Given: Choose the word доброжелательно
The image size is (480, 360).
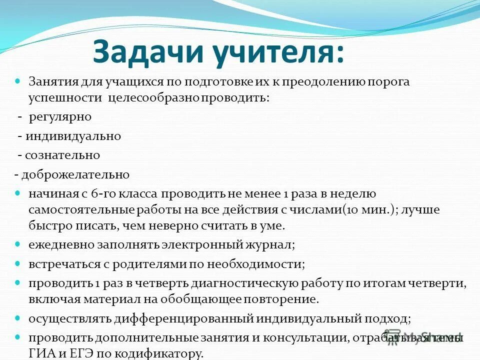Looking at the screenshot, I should (x=74, y=175).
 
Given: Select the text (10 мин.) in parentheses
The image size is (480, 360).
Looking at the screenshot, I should (x=370, y=210).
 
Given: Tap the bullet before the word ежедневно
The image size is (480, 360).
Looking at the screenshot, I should (x=18, y=245).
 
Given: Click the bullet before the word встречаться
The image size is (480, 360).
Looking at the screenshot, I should (x=18, y=263).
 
